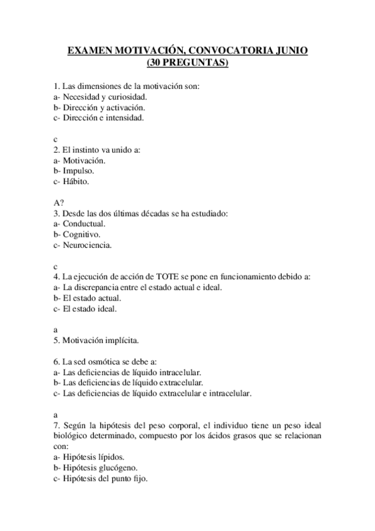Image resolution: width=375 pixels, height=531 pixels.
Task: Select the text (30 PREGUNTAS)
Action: click(187, 63)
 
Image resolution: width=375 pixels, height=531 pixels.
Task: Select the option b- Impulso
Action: click(74, 171)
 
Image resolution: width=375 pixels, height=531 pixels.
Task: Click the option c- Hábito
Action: click(72, 182)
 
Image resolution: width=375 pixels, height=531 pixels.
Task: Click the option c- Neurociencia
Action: click(83, 245)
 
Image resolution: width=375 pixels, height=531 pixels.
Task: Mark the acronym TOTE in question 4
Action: click(177, 277)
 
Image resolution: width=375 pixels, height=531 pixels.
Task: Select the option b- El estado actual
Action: click(87, 299)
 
